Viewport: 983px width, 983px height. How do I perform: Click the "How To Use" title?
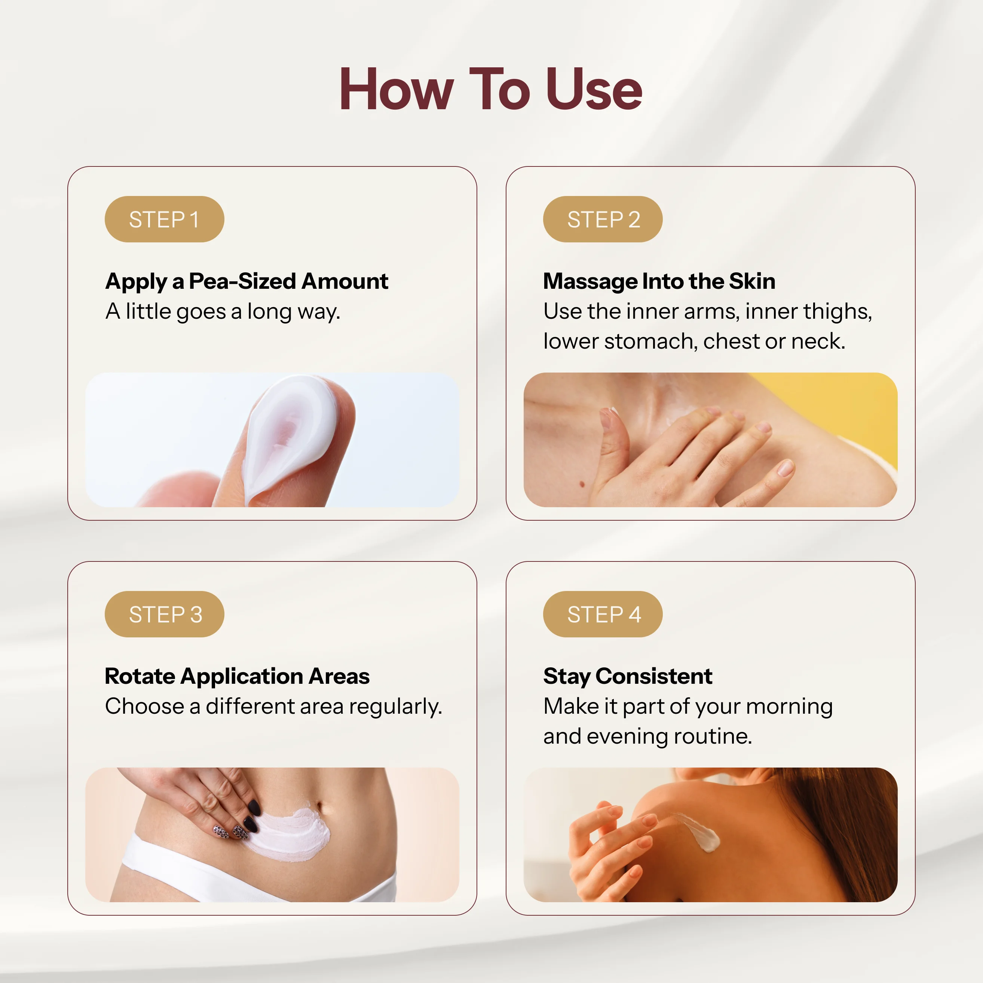point(491,89)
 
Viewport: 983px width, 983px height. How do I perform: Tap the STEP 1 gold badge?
point(164,219)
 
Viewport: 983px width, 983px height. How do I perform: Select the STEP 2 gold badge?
point(603,219)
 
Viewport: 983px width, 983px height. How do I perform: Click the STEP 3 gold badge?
point(164,614)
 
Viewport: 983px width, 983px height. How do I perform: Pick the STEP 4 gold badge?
point(603,614)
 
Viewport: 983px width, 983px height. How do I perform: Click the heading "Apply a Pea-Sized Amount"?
point(247,281)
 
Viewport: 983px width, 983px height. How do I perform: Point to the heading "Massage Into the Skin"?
point(659,281)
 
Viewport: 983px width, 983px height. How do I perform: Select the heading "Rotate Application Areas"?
point(237,677)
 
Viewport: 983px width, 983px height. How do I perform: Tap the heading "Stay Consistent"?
point(628,677)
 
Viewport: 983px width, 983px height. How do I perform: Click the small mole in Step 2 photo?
point(582,484)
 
